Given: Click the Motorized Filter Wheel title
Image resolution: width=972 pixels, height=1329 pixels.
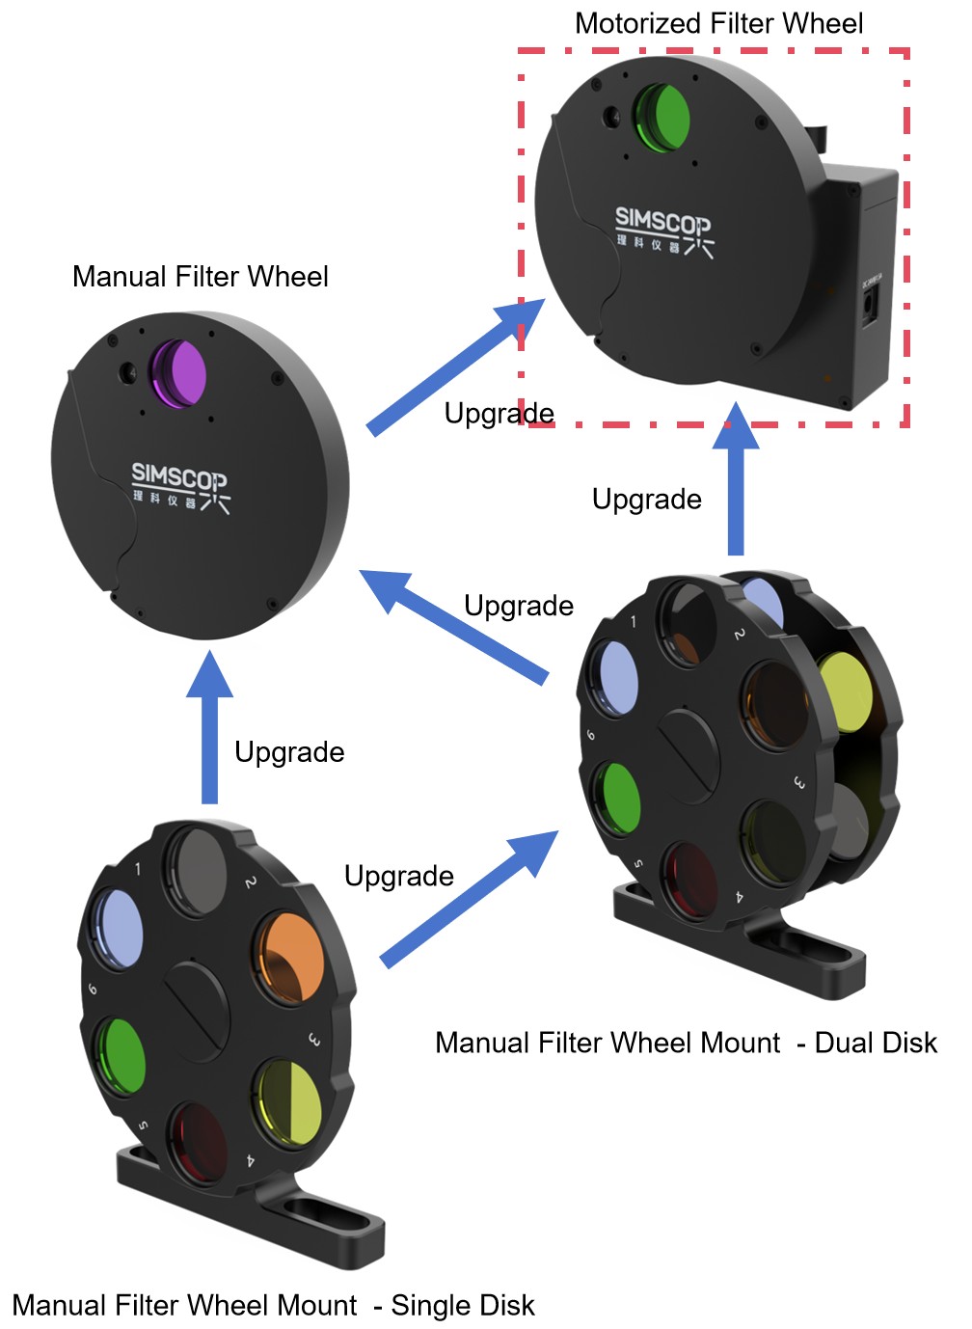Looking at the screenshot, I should coord(718,23).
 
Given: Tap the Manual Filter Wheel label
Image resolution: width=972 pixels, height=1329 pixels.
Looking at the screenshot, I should coord(201,277).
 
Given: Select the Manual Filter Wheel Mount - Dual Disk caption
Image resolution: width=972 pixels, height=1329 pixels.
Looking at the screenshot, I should coord(686,1043).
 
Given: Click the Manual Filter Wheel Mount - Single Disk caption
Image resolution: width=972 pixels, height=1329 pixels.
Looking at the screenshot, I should coord(273,1305).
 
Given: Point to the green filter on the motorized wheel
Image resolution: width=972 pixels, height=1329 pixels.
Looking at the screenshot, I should coord(664,118).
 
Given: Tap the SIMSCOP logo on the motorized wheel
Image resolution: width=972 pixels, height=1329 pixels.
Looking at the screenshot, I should coord(664,231).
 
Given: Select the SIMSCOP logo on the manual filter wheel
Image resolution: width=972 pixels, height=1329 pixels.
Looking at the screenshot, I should coord(180,485).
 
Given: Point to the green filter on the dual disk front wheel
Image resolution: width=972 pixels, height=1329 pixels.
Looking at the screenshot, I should coord(617,799).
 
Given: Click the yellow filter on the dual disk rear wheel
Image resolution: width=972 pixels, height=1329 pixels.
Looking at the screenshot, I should coord(846,691).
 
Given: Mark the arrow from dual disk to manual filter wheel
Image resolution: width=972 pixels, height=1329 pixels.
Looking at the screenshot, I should coord(453,627).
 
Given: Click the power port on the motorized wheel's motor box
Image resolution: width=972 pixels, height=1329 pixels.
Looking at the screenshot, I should coord(870,308).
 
